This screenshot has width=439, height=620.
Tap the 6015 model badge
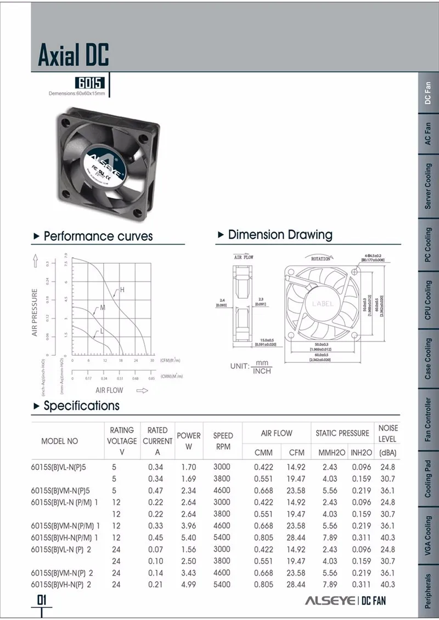tap(90, 84)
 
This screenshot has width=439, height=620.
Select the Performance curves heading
tap(98, 236)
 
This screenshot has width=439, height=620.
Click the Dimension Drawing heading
tap(280, 235)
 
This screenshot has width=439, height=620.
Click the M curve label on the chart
tap(103, 308)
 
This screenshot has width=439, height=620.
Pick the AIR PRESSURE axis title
tap(35, 312)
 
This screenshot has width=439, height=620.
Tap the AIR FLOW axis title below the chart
tap(109, 390)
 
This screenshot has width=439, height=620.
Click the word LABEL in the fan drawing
tap(323, 303)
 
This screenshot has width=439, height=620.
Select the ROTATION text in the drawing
tap(320, 258)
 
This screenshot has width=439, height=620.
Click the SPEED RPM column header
tap(223, 441)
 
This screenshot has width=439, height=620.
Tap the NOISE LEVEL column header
tap(387, 433)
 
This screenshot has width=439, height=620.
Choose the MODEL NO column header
tap(60, 441)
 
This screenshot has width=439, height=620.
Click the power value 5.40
tap(189, 537)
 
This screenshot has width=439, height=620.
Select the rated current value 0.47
tap(155, 490)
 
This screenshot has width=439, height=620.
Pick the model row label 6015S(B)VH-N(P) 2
tap(61, 584)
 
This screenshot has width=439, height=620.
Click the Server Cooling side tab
tap(429, 186)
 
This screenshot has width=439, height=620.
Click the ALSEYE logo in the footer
tap(329, 600)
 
